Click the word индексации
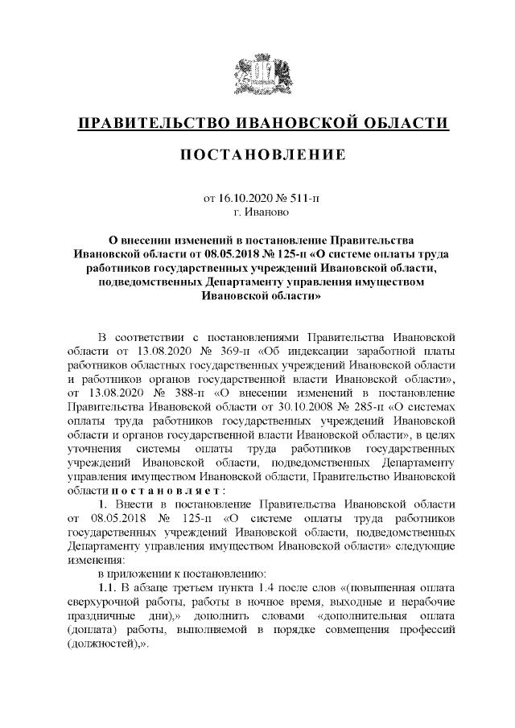tap(309, 351)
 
